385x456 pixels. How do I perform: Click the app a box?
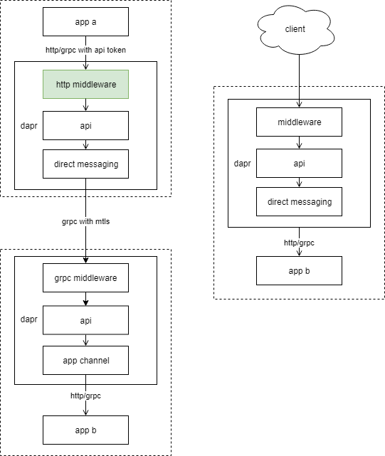85,21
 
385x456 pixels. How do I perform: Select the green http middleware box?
85,84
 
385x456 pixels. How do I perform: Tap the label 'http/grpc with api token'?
85,49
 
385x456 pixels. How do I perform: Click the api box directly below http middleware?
85,125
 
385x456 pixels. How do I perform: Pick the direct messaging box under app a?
85,164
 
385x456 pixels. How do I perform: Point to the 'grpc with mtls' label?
85,221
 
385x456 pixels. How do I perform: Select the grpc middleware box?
85,277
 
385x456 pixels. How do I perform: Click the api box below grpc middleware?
85,320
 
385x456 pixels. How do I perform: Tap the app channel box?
85,360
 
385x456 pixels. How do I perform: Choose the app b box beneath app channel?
85,430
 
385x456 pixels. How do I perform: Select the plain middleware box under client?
299,122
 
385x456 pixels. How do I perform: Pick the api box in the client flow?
299,163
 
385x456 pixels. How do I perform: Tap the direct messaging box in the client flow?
299,202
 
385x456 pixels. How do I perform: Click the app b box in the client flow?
299,270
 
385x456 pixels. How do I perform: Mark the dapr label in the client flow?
243,163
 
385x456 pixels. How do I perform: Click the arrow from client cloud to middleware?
299,78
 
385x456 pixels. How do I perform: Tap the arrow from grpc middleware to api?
85,299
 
